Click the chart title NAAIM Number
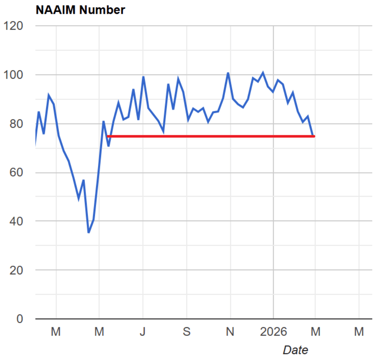80,10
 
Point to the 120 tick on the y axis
13,26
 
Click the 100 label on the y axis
13,75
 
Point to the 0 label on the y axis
20,319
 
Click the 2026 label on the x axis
273,332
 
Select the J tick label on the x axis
143,332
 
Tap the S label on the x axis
186,332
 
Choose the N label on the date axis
230,332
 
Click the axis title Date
295,350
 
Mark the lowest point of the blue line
89,232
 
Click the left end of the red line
108,136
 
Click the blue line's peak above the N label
228,73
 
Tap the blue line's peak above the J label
143,77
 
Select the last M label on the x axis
359,332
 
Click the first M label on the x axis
56,332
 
